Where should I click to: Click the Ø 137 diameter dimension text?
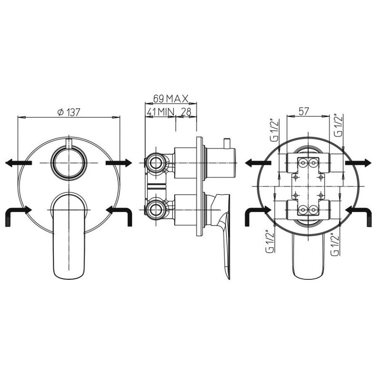69,112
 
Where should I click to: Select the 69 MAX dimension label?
171,98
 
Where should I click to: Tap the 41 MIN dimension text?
160,112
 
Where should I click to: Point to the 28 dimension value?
186,112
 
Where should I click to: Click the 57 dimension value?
303,112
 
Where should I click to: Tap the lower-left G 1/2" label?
270,242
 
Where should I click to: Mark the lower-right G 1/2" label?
335,244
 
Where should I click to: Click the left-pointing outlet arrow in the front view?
19,163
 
